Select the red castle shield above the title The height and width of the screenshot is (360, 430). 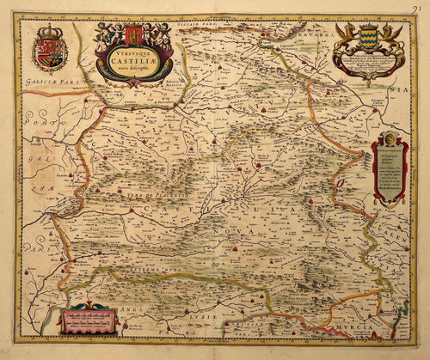coord(132,37)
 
